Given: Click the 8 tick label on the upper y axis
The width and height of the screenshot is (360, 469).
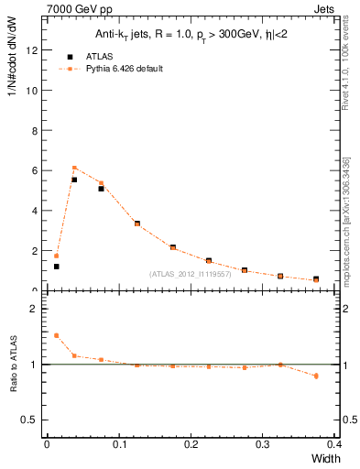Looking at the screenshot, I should (x=34, y=130).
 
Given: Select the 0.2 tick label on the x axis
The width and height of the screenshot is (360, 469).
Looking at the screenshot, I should (x=191, y=444).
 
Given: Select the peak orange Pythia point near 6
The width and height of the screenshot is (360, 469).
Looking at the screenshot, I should (x=74, y=168).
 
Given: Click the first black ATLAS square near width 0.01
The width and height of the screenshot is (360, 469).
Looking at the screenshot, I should (x=56, y=267).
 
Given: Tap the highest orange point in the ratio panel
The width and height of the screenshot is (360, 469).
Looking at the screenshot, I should (x=56, y=335).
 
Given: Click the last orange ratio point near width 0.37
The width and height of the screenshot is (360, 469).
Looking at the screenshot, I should (x=316, y=376).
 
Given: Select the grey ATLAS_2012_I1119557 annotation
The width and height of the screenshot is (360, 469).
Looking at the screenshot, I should (x=190, y=274).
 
